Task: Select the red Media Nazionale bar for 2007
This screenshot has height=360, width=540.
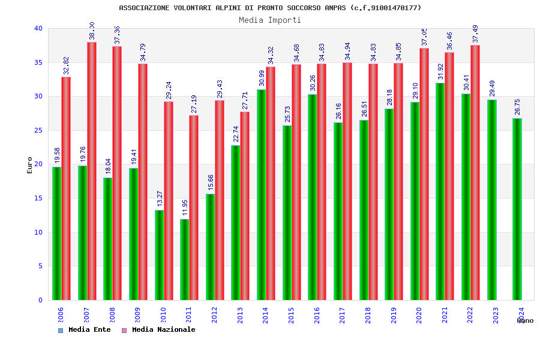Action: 92,171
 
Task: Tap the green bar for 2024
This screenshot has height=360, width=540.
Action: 517,209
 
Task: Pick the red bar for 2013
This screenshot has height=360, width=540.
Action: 245,206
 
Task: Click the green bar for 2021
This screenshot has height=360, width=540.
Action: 440,191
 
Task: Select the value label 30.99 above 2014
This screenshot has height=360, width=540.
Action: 262,79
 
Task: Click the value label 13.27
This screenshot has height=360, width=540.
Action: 160,199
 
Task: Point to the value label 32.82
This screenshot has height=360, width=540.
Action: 66,66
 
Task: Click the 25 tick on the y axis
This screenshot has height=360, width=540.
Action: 38,130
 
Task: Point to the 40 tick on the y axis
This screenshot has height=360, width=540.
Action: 38,28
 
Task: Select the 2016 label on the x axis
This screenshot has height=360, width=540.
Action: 317,315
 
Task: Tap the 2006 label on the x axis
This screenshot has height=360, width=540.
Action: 61,315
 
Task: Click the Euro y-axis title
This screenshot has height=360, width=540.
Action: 29,165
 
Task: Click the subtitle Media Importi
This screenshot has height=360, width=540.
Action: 270,20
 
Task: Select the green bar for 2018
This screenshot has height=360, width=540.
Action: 364,210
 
